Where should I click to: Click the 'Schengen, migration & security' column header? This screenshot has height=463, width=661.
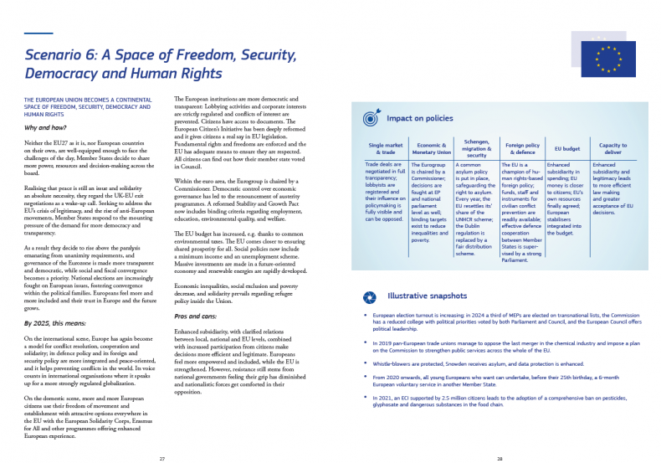point(475,148)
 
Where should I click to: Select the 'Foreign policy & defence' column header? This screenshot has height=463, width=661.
point(522,148)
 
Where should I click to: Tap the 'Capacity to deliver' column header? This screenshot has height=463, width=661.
point(613,148)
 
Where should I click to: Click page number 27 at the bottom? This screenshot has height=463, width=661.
point(161,458)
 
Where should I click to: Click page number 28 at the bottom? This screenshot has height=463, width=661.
point(500,458)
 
